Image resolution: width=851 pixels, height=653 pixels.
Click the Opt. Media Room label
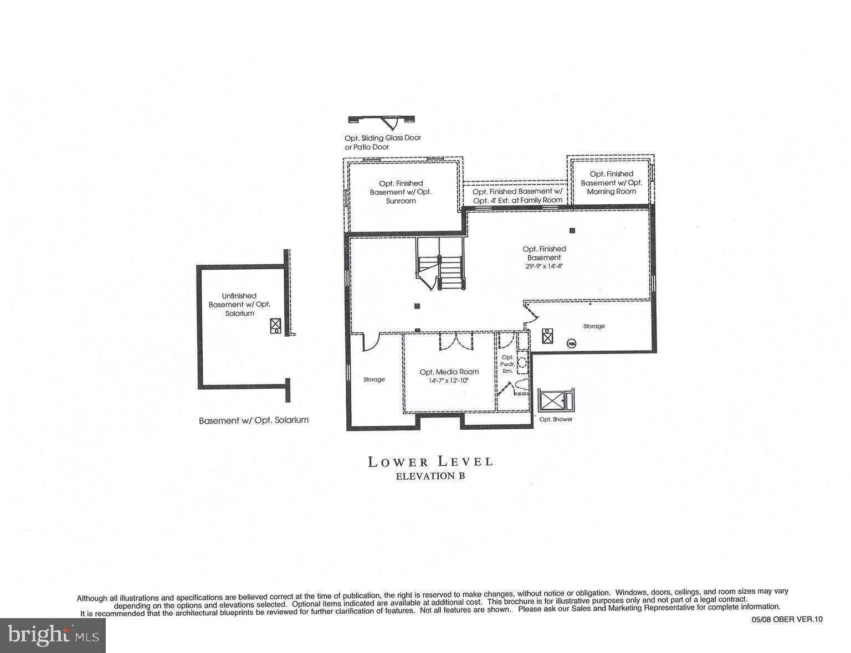point(449,372)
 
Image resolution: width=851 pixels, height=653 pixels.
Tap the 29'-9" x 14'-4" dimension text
point(544,266)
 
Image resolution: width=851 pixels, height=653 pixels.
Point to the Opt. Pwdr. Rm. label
point(507,364)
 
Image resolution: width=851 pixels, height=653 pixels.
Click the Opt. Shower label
point(556,419)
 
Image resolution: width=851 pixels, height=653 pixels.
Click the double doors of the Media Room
point(456,341)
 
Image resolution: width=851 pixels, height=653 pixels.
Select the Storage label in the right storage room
point(594,326)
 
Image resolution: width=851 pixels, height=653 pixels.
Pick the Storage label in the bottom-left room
point(374,379)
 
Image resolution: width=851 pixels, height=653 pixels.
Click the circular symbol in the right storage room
point(571,343)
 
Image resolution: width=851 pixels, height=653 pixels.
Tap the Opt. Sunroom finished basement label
point(401,192)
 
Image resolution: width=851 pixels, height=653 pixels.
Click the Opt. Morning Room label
point(611,182)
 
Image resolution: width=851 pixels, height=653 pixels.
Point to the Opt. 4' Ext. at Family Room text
point(517,200)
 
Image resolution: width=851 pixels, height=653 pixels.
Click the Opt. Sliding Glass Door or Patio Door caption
point(383,142)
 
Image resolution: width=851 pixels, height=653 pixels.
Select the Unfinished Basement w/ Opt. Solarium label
point(239,305)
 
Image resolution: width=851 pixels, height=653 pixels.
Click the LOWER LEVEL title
point(430,461)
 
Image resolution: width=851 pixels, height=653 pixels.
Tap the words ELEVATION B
point(430,476)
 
